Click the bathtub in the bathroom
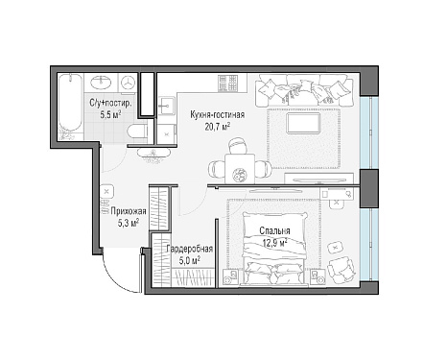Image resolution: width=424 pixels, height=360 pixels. coord(71,107)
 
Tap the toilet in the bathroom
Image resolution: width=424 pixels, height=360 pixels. coord(137,132)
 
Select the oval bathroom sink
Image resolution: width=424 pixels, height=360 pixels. coord(101,83)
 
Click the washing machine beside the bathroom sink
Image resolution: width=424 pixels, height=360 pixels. coord(128,83)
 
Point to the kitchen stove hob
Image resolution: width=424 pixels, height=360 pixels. coord(228,83)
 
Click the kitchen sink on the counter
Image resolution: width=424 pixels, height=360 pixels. coord(166,105)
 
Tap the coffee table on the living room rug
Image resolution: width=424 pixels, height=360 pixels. coord(303,124)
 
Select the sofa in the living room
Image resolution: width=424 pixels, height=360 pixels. coord(304,90)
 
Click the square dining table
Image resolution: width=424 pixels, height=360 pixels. coord(240,169)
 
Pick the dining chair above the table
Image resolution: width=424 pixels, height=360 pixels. coord(238,146)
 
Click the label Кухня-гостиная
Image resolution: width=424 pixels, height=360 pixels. coord(218,115)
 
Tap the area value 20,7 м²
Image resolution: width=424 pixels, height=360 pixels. coord(218,127)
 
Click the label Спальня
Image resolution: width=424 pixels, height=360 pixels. coord(274,231)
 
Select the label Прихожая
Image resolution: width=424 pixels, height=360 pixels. coord(129,211)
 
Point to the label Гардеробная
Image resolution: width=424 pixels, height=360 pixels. coord(190,249)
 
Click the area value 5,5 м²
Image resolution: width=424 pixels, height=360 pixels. coord(110,115)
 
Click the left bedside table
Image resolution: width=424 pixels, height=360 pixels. coord(230,277)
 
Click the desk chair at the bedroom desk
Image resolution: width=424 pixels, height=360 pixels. coord(337,203)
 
